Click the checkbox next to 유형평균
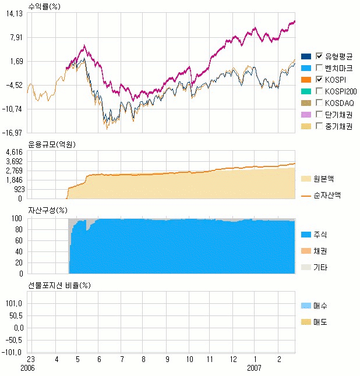(x=319, y=56)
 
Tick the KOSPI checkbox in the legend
(x=319, y=79)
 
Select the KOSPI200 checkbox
(x=319, y=91)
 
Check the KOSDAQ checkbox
(x=319, y=102)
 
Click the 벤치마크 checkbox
(x=319, y=68)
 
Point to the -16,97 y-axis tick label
(x=12, y=133)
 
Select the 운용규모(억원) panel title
(x=52, y=144)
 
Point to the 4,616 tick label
(x=14, y=152)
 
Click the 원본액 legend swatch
(x=305, y=179)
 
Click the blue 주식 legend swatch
(x=305, y=235)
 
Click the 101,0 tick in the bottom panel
(x=14, y=303)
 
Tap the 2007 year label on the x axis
(x=254, y=368)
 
